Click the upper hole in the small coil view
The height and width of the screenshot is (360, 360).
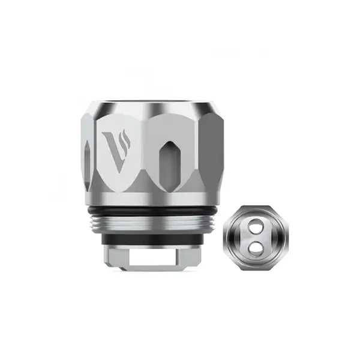point(256,227)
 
